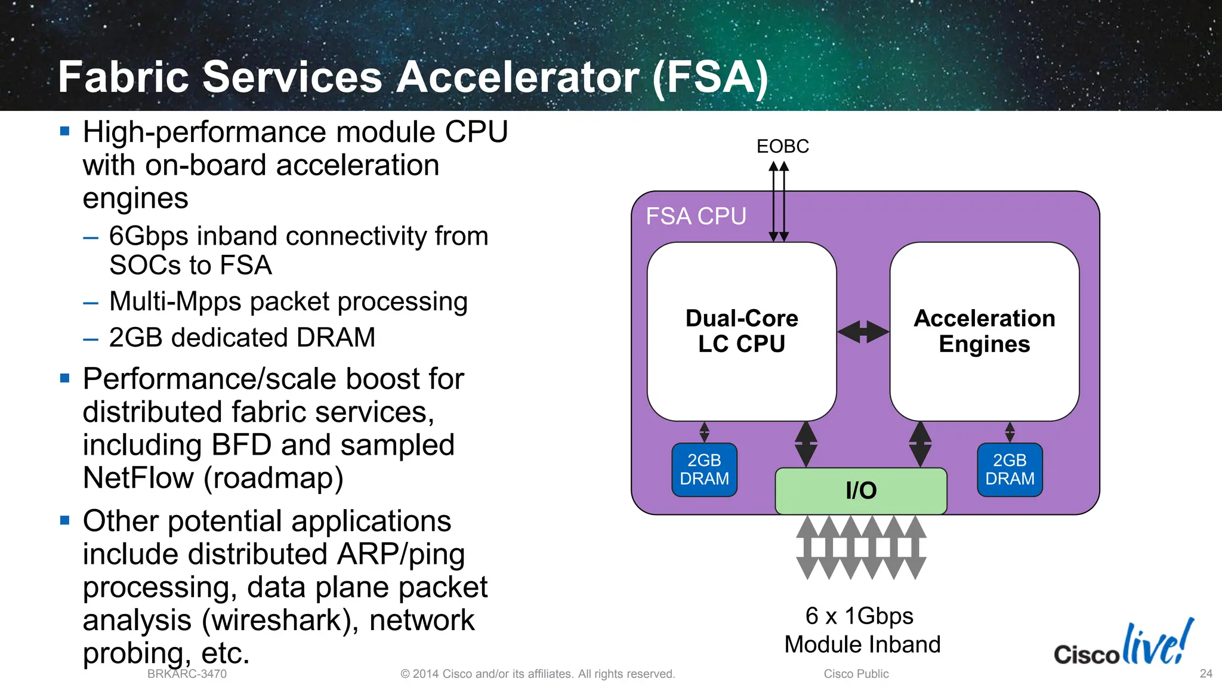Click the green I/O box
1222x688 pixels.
point(860,490)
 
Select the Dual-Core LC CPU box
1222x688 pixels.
point(742,331)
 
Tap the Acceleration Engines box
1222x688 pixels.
point(984,331)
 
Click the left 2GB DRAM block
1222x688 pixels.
point(704,470)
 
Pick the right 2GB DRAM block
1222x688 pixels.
point(1010,470)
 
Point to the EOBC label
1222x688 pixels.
point(782,146)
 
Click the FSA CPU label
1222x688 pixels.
point(696,216)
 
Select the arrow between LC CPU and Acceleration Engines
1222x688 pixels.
point(863,332)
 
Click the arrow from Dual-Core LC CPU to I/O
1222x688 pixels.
point(806,444)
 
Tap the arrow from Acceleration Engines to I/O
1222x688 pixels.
point(920,444)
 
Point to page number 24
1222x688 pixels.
point(1206,674)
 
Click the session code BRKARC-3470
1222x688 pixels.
point(187,674)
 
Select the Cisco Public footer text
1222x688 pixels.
point(856,674)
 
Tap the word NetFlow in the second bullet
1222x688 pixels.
point(138,478)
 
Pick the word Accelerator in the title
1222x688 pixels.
point(518,77)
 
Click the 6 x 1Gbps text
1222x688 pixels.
point(859,616)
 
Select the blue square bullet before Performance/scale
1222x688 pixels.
point(65,378)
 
